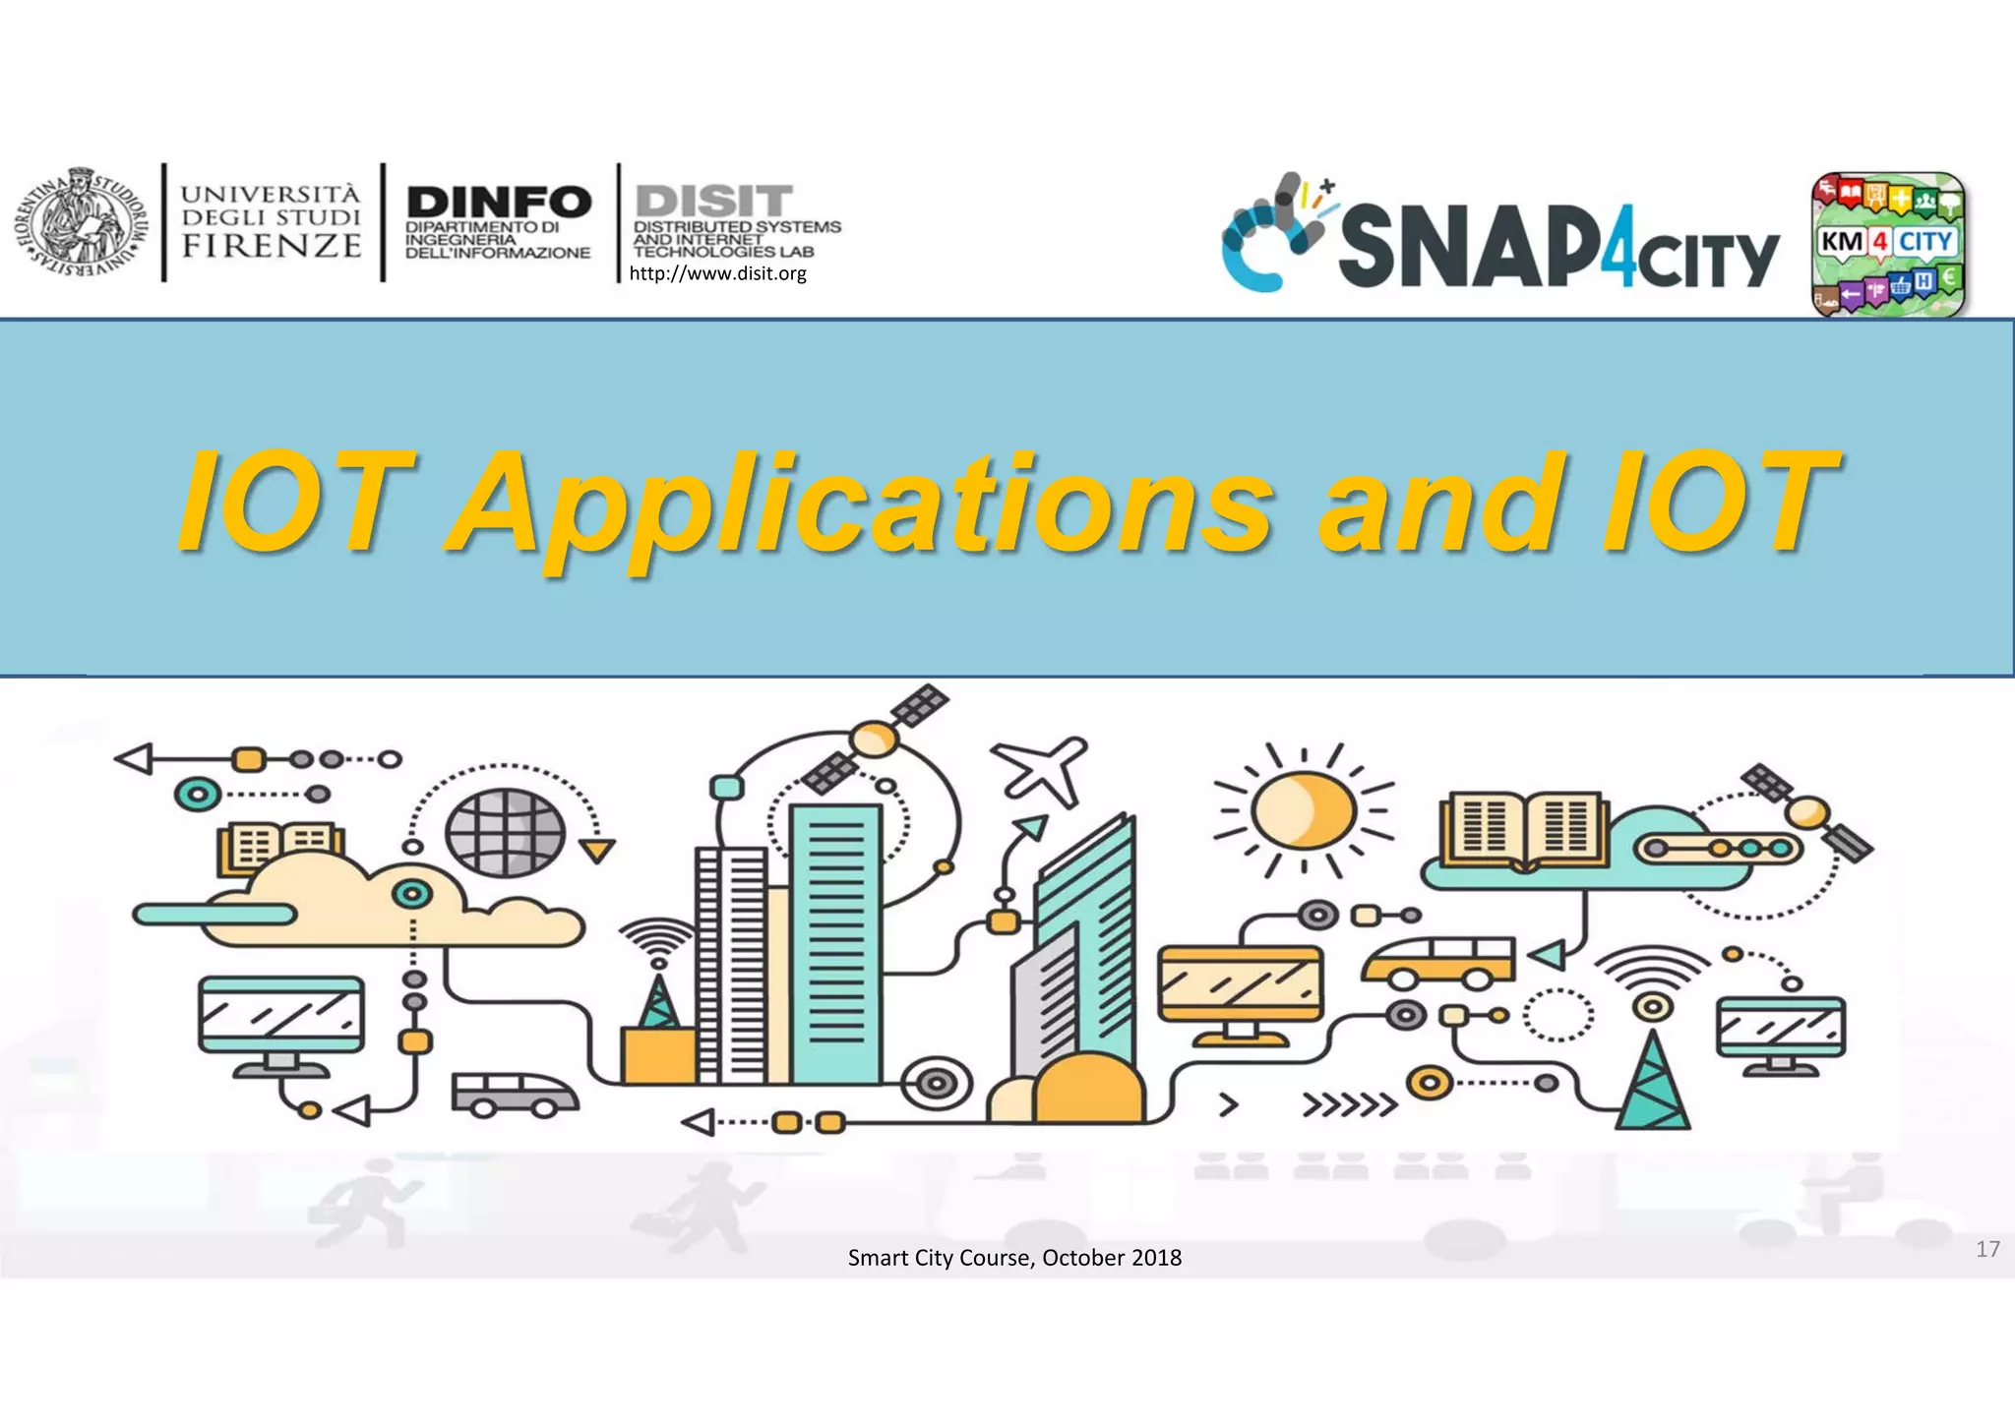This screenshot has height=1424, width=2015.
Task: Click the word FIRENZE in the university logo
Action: (x=272, y=246)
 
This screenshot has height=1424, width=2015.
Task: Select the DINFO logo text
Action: (x=499, y=203)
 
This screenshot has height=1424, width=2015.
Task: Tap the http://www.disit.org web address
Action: (x=717, y=273)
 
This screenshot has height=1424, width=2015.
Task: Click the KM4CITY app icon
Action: (x=1887, y=245)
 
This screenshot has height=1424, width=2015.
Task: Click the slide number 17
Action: (x=1987, y=1249)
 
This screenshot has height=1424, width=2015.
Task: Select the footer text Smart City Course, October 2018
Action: (x=1014, y=1258)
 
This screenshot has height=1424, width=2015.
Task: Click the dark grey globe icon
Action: (x=505, y=832)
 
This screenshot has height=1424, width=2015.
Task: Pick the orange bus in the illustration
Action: (x=1438, y=961)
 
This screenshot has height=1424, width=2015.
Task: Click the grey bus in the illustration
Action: (x=515, y=1094)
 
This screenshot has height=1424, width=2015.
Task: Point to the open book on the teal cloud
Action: (x=1524, y=831)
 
